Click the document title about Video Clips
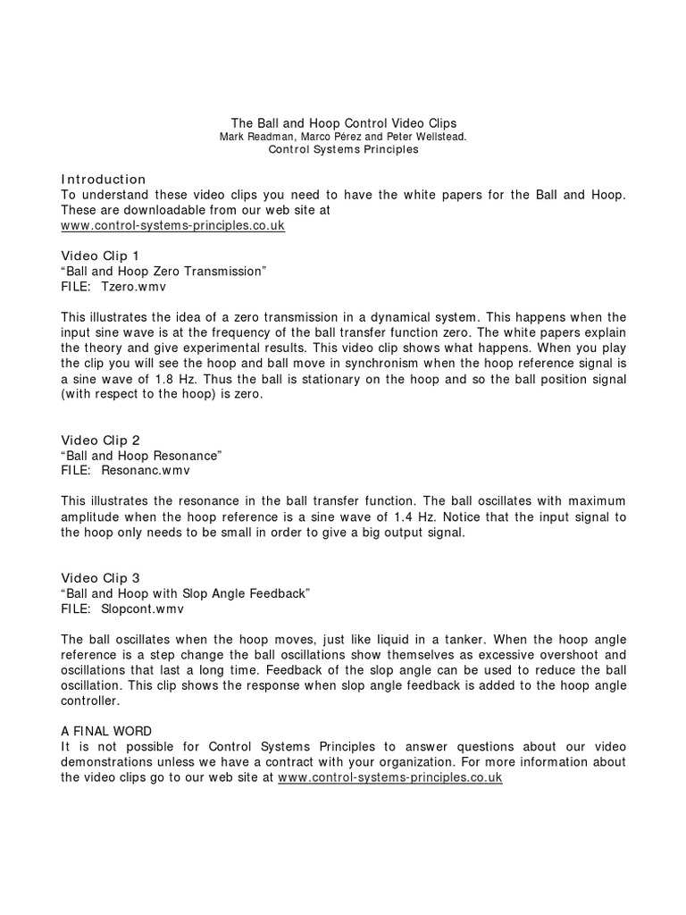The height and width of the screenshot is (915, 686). click(x=344, y=122)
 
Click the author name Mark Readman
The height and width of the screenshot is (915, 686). click(x=256, y=137)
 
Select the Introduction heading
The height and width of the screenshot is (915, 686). click(x=104, y=180)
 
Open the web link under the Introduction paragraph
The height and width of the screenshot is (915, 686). click(x=172, y=225)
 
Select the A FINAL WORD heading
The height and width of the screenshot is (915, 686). click(x=107, y=732)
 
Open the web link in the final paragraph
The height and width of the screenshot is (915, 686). click(x=390, y=778)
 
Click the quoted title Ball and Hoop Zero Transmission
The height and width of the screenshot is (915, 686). click(x=164, y=271)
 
